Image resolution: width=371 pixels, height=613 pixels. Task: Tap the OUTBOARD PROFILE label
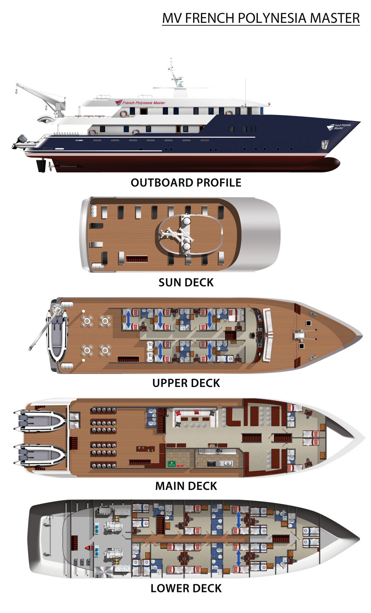click(186, 183)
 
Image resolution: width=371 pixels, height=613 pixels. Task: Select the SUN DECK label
click(186, 283)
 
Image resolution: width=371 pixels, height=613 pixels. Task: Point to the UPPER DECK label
click(186, 383)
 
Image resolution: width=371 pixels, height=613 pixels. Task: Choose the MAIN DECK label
click(186, 486)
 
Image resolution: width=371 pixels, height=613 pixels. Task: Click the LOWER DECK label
click(186, 588)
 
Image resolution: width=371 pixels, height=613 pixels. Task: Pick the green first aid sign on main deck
click(171, 464)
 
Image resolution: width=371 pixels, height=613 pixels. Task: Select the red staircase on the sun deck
click(137, 259)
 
